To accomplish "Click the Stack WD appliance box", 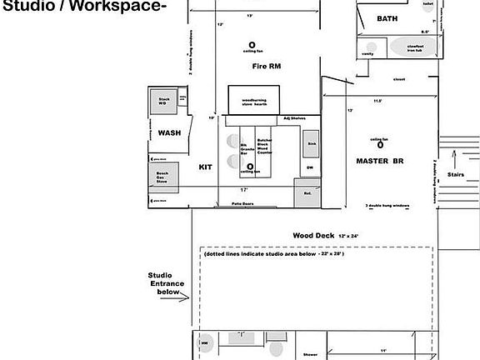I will [x=163, y=102].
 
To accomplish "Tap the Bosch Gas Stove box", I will [x=163, y=177].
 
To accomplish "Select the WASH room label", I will [x=169, y=132].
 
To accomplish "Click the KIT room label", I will [x=205, y=167].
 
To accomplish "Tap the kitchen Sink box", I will [x=311, y=144].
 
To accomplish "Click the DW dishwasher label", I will [x=308, y=167].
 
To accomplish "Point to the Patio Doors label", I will [x=242, y=203].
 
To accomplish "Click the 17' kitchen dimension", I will [x=245, y=189].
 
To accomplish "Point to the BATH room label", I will [x=387, y=17].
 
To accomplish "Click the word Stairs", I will [x=456, y=175].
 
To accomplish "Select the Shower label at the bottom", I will [x=310, y=354].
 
